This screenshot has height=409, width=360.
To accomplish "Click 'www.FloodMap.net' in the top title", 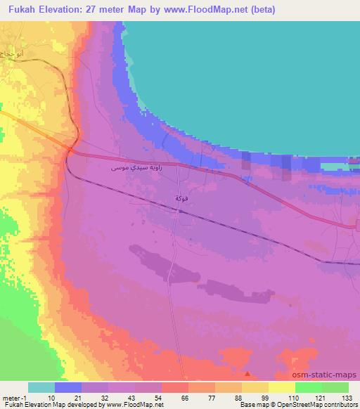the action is [x=212, y=9].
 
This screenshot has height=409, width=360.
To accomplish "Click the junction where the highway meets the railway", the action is [x=72, y=149].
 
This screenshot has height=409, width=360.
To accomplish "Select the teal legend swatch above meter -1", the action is [x=41, y=387].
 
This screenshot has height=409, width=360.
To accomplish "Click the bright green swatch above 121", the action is [x=308, y=387].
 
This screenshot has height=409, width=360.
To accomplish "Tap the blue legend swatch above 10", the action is [x=68, y=387].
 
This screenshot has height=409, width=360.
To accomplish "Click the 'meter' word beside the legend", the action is [x=11, y=397].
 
